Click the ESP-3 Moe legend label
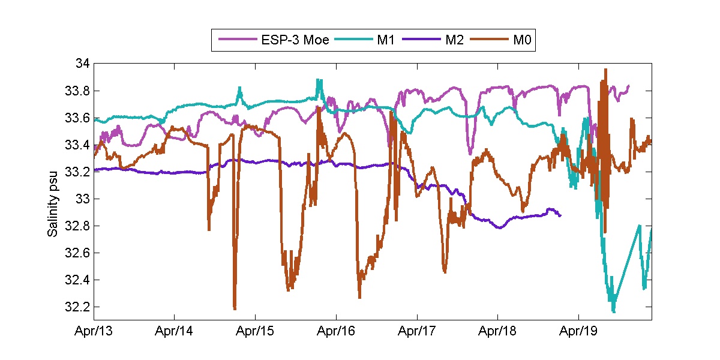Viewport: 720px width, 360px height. click(x=295, y=40)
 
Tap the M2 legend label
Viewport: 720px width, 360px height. click(x=454, y=40)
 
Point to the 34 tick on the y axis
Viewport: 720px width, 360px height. click(x=83, y=64)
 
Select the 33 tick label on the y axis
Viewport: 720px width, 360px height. click(x=83, y=199)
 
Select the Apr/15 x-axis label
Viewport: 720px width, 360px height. click(x=256, y=331)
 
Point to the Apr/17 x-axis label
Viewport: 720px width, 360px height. click(x=417, y=331)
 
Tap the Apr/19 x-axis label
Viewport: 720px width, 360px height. click(x=578, y=331)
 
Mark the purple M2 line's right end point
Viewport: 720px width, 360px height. click(x=560, y=215)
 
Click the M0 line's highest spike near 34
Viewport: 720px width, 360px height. click(x=605, y=70)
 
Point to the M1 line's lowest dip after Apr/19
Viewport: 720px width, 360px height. click(x=613, y=311)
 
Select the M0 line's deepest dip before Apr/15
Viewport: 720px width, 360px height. click(x=234, y=308)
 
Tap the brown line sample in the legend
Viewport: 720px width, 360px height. click(x=490, y=40)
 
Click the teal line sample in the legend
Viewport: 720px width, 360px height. click(x=354, y=40)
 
